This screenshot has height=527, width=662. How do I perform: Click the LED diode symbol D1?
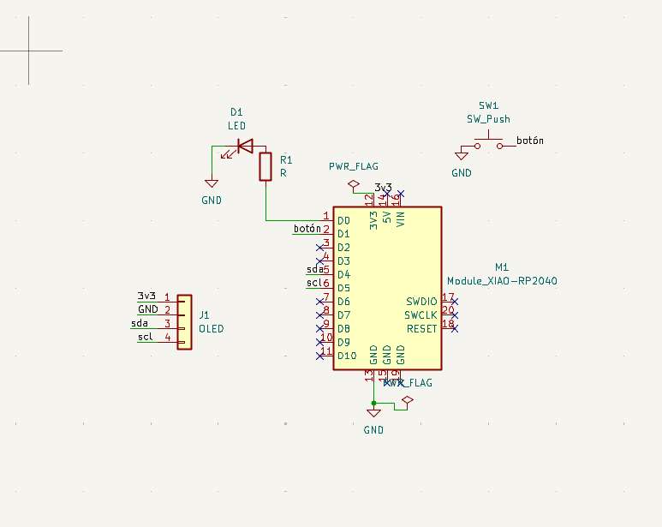click(245, 147)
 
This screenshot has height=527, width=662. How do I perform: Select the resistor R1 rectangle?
click(265, 166)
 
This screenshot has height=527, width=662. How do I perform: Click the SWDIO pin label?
click(421, 302)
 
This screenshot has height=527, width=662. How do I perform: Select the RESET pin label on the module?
click(422, 329)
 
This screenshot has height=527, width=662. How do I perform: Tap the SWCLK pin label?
click(421, 315)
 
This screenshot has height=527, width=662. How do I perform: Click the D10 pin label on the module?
click(347, 356)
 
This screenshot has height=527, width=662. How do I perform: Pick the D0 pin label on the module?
click(343, 220)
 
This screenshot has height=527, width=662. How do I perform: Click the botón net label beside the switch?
click(530, 141)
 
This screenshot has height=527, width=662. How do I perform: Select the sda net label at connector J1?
click(139, 324)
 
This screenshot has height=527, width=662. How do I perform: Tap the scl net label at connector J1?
click(145, 338)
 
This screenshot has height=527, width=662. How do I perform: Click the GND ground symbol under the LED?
click(212, 183)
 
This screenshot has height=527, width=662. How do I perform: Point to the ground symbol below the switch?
click(462, 155)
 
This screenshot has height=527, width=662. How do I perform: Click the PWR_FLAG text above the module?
click(353, 166)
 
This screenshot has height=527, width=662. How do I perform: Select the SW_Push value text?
click(488, 119)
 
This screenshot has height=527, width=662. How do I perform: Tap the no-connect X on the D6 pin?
click(319, 302)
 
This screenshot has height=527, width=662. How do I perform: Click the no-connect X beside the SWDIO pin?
click(455, 302)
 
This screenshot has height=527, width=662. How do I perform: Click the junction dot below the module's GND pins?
click(373, 402)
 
